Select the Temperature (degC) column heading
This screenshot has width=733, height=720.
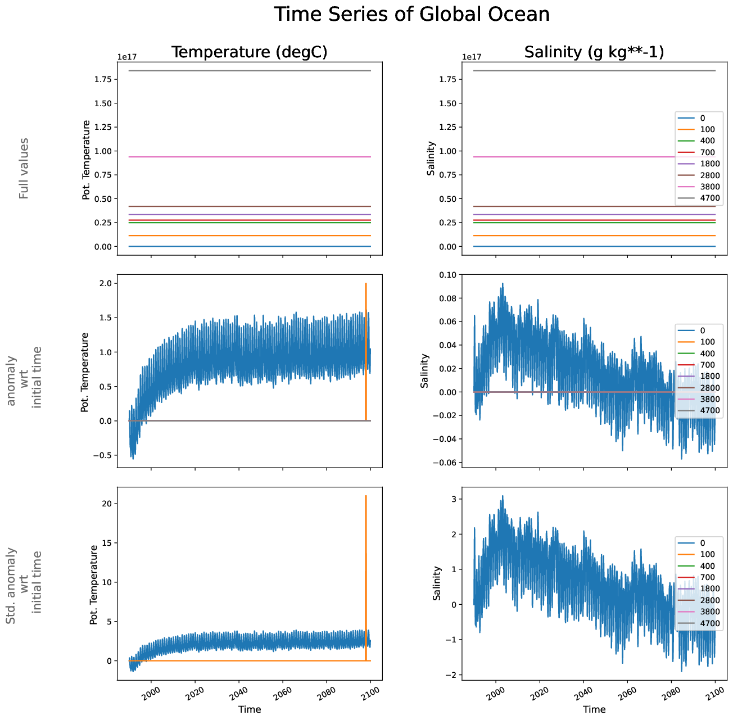(x=249, y=52)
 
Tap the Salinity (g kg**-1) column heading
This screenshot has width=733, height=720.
(x=594, y=52)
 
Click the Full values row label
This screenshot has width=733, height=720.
(x=24, y=169)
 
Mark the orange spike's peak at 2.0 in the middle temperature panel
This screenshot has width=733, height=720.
(x=366, y=284)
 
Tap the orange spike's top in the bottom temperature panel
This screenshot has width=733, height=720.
(x=366, y=496)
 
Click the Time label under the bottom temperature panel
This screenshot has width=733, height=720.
(x=250, y=709)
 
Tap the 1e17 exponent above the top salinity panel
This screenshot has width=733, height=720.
(x=471, y=57)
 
